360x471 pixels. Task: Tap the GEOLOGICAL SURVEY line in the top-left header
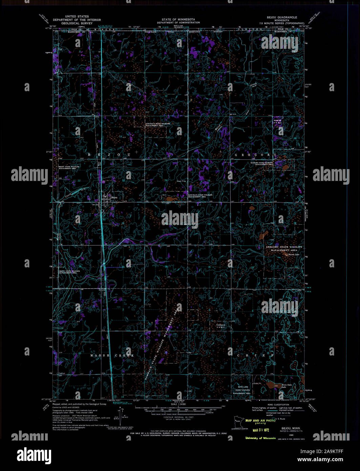point(77,23)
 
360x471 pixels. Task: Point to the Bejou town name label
point(114,197)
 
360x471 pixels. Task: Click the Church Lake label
point(293,254)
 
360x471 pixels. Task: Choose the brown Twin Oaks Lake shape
point(271,385)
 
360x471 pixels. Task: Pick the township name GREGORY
point(256,155)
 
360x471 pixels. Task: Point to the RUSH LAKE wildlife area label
point(243,387)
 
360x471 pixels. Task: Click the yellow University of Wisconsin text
point(260,438)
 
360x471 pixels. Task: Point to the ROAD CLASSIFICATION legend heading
point(278,405)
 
